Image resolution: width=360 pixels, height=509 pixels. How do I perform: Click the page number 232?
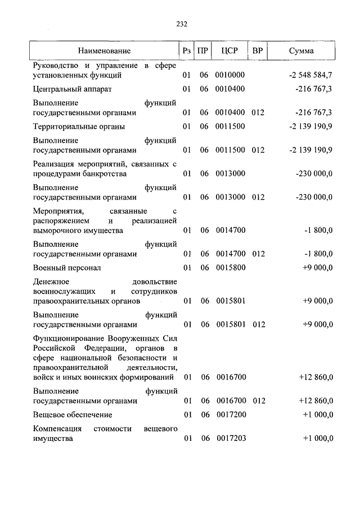(181, 24)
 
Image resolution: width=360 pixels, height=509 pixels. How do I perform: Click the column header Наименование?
(105, 51)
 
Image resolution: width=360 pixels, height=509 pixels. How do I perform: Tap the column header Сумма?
(301, 51)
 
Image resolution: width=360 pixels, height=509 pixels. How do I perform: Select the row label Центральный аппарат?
(73, 89)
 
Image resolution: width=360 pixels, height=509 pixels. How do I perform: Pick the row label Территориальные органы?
(79, 127)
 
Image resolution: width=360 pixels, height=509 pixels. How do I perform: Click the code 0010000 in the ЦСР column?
(230, 75)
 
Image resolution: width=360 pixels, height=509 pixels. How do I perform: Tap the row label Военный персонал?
(67, 268)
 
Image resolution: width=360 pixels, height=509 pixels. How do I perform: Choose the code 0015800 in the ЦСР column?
(230, 268)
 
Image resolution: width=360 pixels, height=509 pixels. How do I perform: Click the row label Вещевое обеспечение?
(73, 415)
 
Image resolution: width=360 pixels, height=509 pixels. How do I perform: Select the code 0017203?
(230, 438)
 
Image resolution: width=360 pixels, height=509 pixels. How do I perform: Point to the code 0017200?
(230, 415)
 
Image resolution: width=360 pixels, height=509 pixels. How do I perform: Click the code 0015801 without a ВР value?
(230, 301)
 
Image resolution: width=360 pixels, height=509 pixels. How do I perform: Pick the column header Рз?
(187, 51)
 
